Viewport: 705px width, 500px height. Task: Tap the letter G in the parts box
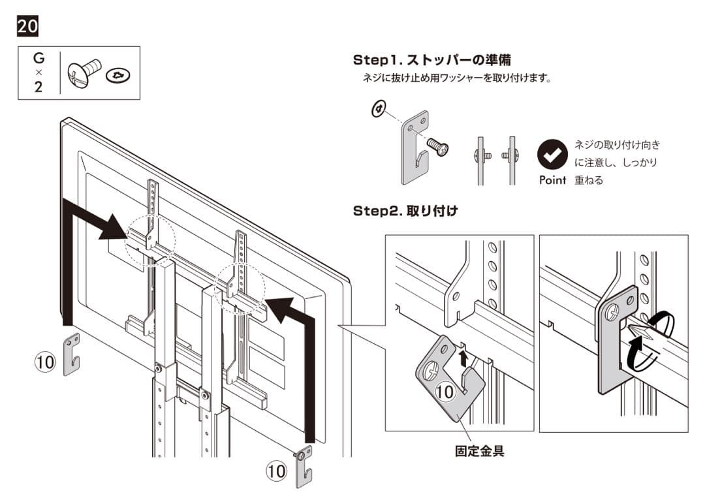coord(39,59)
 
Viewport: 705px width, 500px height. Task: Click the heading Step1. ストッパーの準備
coord(431,60)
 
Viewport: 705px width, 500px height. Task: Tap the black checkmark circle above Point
coord(552,155)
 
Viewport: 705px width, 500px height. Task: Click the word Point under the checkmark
coord(552,180)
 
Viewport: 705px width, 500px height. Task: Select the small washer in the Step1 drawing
coord(377,110)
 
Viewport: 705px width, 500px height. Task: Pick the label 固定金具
coord(479,450)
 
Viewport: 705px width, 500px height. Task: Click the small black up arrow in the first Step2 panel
coord(463,356)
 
